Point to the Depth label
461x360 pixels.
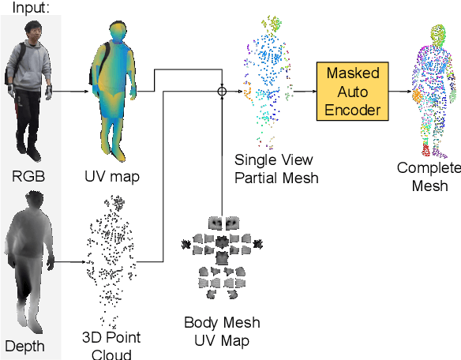24,346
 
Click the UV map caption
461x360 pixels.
111,176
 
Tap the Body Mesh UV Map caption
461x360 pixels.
221,331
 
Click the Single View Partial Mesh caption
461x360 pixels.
276,168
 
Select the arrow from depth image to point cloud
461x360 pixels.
69,261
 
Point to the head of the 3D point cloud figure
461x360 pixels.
117,203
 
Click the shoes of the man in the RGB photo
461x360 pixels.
32,149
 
